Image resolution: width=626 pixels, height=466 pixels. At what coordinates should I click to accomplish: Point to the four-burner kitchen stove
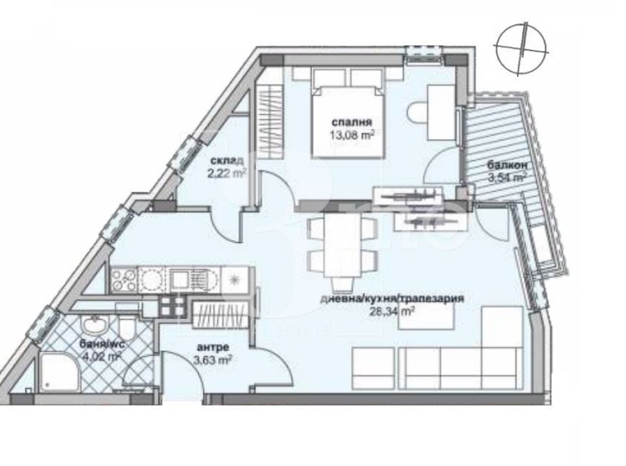point(125,278)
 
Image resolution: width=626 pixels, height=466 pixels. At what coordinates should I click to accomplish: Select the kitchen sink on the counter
point(154,279)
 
